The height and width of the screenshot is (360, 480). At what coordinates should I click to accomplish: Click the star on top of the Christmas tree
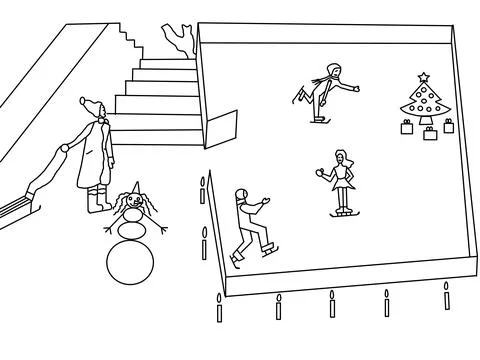424,76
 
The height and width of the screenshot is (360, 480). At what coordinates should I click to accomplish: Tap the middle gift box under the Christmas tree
429,133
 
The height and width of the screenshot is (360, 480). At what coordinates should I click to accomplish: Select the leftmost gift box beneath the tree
408,127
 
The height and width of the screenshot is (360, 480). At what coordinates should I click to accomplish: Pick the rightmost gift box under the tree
449,125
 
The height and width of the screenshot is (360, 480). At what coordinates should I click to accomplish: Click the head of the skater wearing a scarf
334,72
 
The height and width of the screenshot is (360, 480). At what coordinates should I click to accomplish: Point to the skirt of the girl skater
343,182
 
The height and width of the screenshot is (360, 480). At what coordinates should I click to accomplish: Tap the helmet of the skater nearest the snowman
241,195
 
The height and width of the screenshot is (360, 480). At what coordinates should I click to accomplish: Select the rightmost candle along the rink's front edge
447,295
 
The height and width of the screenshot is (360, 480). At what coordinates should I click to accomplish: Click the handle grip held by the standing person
63,148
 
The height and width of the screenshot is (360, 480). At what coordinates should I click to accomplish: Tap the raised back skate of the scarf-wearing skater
298,96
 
